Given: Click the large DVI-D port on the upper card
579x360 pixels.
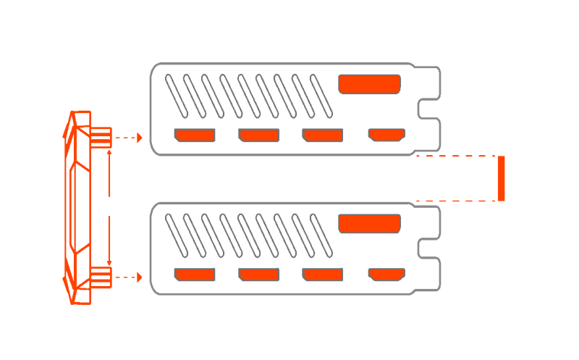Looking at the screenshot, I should coord(369,85).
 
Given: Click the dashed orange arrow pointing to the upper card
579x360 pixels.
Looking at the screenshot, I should coord(130,137).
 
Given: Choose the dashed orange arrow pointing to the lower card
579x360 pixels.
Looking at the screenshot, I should coord(130,276).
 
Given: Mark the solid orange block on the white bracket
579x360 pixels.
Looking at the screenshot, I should coord(501,178).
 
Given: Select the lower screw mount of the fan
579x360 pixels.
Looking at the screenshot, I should coord(101,276).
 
